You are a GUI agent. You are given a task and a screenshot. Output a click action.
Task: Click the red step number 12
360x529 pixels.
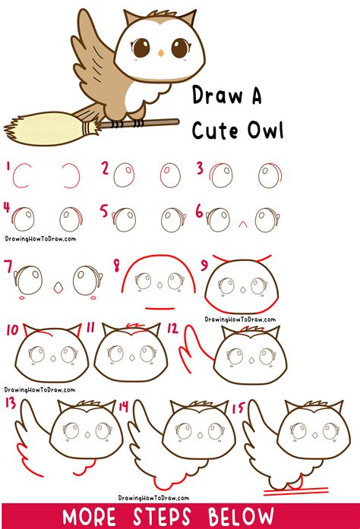point(171,329)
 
